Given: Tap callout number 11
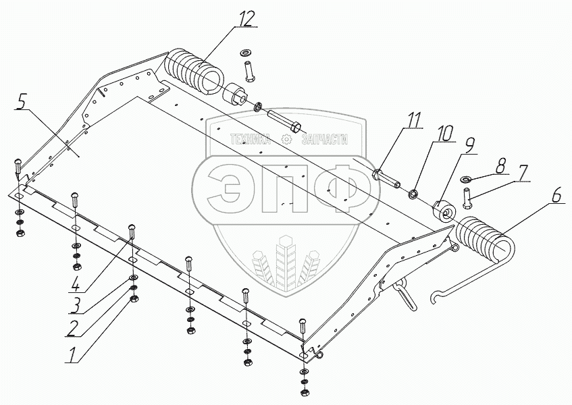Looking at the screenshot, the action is click(413, 120).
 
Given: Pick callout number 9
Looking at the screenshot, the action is click(469, 144).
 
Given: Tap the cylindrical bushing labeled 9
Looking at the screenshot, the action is click(444, 214).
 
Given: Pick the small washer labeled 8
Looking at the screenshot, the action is click(466, 179).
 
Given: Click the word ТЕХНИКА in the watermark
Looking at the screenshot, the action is click(250, 140).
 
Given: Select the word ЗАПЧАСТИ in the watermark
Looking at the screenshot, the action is click(325, 140).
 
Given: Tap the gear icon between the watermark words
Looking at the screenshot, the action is click(286, 140).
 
